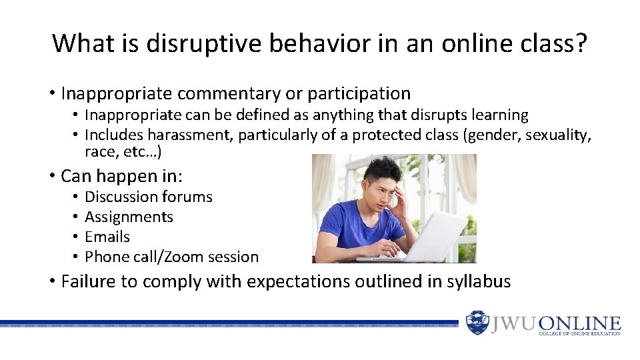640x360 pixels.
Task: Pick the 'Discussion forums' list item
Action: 149,197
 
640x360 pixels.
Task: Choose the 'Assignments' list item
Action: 129,217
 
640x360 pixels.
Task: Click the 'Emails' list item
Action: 107,237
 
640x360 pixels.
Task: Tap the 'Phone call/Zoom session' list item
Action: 171,257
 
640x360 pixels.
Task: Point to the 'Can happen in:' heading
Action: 121,176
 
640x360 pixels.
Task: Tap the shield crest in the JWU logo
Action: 477,323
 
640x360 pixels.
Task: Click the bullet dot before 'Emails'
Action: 76,237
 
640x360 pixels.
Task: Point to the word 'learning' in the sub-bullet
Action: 499,115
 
